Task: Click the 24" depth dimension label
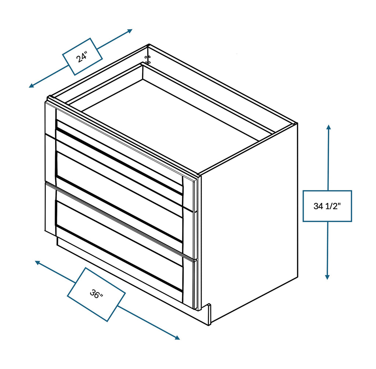point(82,57)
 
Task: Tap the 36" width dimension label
point(97,294)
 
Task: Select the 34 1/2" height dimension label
point(327,206)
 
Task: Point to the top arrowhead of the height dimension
point(329,127)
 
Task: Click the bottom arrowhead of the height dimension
point(327,277)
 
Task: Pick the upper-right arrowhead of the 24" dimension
point(130,31)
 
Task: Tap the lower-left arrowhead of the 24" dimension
point(32,86)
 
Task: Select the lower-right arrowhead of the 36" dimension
point(177,337)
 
